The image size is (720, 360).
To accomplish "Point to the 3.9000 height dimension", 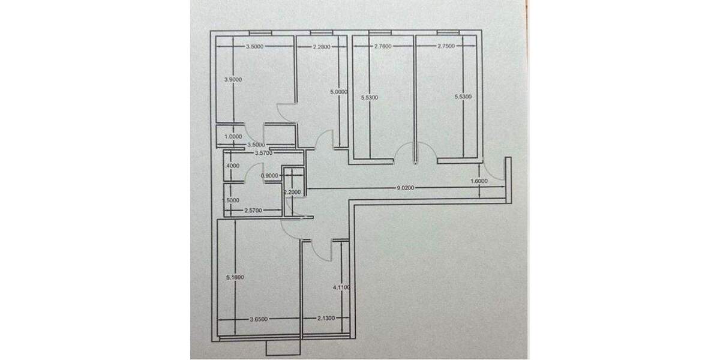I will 233,79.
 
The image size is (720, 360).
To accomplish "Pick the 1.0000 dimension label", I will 233,137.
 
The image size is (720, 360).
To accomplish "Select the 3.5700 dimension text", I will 265,153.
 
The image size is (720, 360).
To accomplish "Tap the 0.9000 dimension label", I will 270,176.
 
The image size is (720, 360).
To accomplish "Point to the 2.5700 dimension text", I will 254,211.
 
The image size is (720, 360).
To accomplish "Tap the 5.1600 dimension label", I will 233,277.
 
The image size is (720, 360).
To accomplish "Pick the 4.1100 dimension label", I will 340,288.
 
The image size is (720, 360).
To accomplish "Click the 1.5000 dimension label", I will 232,200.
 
